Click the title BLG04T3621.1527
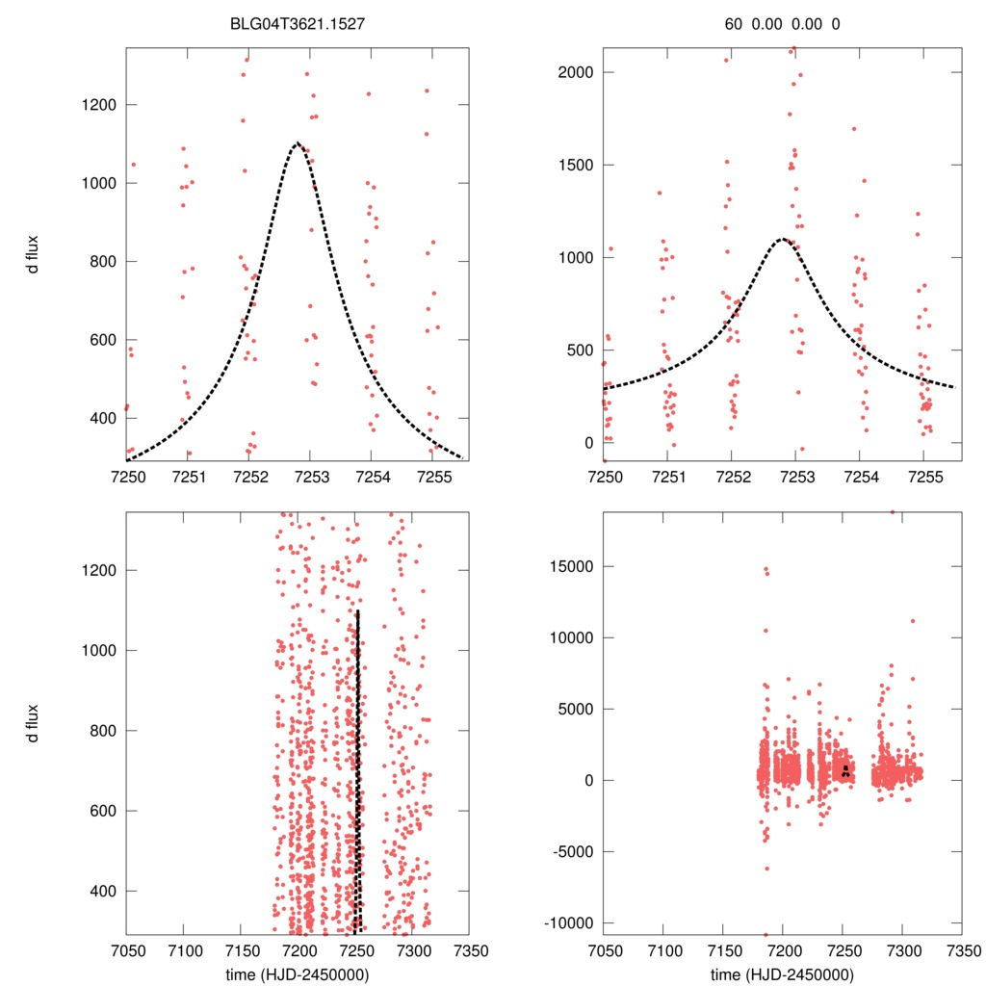[x=298, y=25]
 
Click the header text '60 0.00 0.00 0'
[x=782, y=25]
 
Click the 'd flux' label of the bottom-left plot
[x=35, y=723]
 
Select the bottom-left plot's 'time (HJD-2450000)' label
[x=298, y=974]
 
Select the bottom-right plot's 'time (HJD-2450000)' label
[x=782, y=974]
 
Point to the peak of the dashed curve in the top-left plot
[x=298, y=143]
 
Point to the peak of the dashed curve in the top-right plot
[x=782, y=239]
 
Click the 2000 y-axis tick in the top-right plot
[x=577, y=72]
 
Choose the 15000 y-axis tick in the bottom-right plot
[x=573, y=566]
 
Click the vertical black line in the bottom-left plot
[x=357, y=770]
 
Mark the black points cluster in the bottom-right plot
[x=844, y=770]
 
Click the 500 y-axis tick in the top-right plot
[x=581, y=350]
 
